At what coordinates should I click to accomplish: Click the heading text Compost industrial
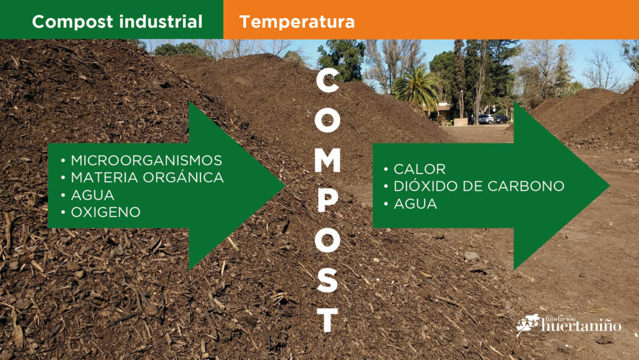click(x=117, y=21)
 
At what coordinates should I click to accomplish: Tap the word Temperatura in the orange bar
click(x=296, y=22)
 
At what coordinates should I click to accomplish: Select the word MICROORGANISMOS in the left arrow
click(x=146, y=160)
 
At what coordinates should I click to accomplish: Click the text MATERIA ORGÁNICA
click(x=147, y=178)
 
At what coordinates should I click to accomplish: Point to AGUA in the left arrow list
click(x=92, y=195)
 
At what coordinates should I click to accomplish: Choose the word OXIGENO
click(x=105, y=212)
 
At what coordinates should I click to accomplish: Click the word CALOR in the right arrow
click(x=419, y=169)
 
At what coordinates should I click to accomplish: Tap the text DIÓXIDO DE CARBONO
click(x=479, y=186)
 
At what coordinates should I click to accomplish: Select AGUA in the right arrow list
click(x=415, y=204)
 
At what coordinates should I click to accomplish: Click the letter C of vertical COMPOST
click(x=327, y=80)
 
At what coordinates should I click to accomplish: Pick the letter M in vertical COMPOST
click(x=327, y=160)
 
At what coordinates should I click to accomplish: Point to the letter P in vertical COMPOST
click(x=327, y=200)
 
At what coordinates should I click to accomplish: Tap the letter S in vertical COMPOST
click(x=327, y=279)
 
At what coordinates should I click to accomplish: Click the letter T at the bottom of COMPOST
click(x=327, y=320)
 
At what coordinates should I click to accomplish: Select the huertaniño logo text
click(x=581, y=325)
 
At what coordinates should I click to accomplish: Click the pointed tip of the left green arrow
click(x=284, y=185)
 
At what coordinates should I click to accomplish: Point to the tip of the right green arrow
click(x=609, y=186)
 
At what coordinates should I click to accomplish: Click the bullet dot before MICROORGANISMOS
click(x=63, y=160)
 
